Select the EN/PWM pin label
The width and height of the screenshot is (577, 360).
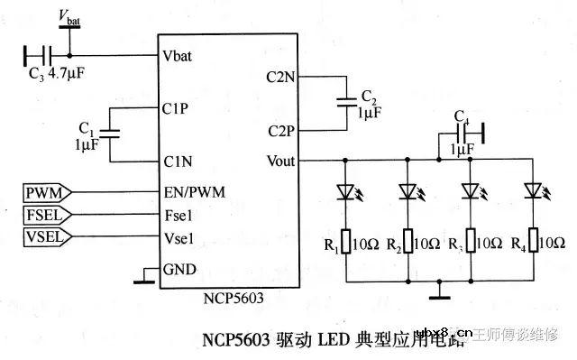click(x=194, y=191)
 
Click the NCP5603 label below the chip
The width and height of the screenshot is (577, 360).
click(x=231, y=299)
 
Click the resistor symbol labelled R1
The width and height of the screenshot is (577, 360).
click(x=346, y=242)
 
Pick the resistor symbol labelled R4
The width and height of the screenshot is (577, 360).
click(x=533, y=242)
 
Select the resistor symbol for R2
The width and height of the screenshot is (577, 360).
click(x=408, y=242)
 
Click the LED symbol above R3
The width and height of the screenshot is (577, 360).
click(x=470, y=192)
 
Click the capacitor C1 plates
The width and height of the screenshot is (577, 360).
click(x=109, y=134)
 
